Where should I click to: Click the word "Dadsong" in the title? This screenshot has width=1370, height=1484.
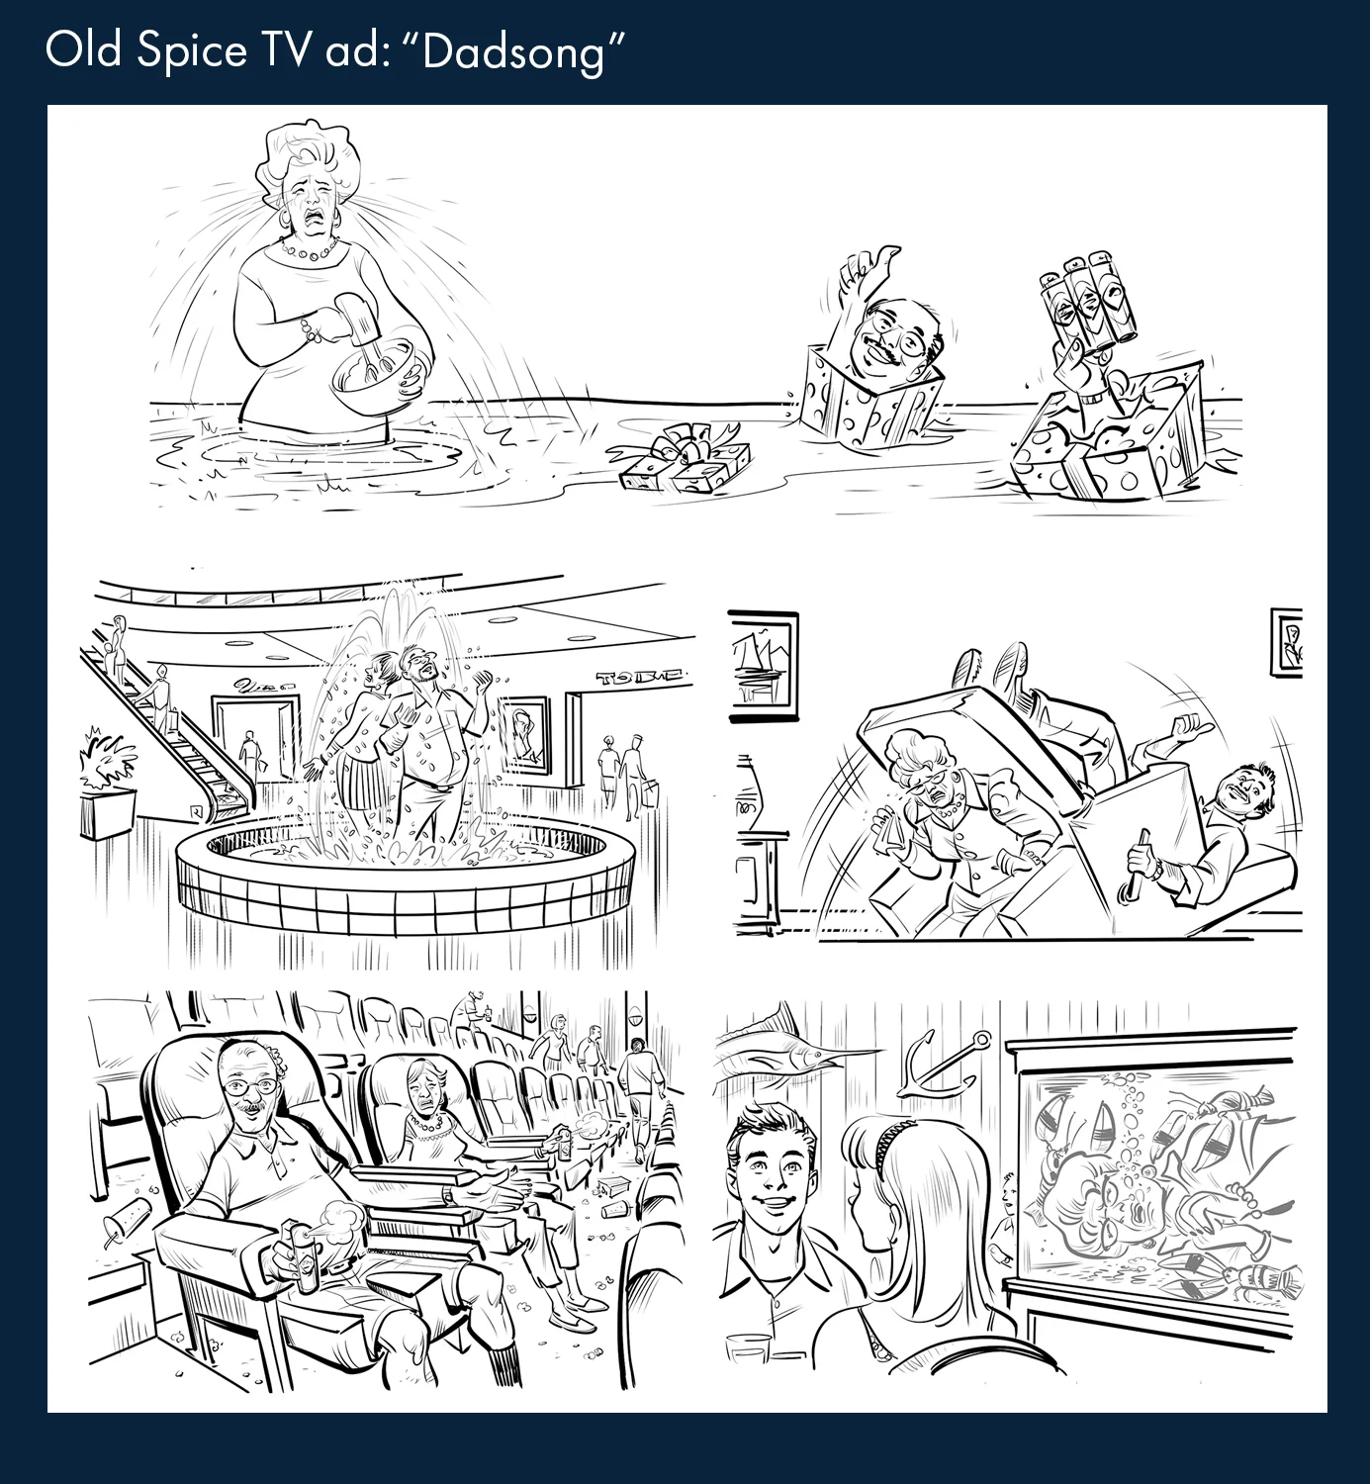514,51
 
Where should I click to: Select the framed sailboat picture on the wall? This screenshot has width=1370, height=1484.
764,661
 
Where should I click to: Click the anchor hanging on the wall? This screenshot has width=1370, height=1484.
945,1067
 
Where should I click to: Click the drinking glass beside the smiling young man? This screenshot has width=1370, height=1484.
748,1351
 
